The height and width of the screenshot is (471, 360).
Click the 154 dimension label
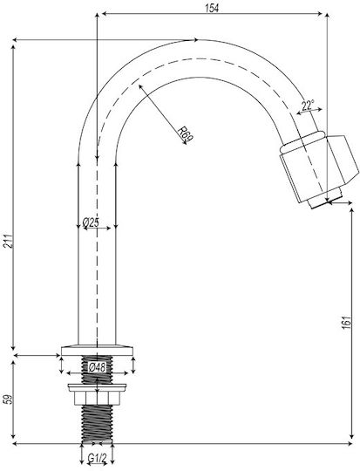click(x=212, y=8)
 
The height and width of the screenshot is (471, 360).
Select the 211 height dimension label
click(x=9, y=241)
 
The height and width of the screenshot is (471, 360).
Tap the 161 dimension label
click(x=346, y=323)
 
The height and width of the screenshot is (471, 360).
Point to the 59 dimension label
click(x=9, y=399)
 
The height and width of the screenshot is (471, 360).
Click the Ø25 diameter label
click(x=91, y=222)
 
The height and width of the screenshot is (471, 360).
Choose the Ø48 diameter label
click(x=97, y=366)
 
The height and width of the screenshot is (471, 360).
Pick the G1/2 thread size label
click(x=97, y=459)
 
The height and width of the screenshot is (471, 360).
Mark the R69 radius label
click(x=186, y=134)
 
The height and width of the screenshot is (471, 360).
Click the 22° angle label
click(x=308, y=106)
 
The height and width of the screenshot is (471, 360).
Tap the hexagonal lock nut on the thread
click(x=97, y=398)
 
